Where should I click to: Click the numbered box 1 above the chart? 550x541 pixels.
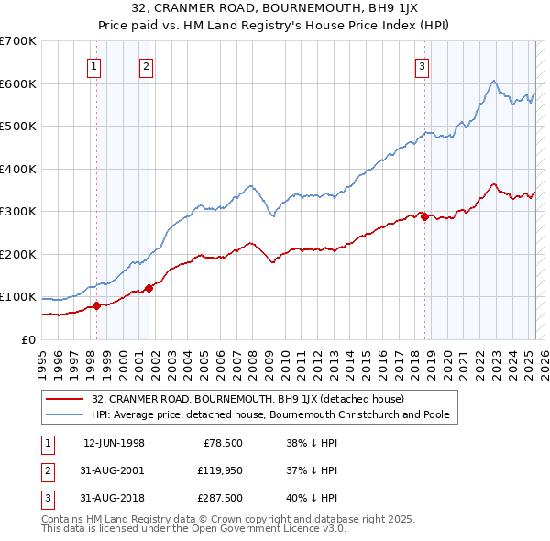[95, 65]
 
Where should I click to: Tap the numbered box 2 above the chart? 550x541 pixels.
[147, 65]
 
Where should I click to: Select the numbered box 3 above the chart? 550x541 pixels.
[423, 65]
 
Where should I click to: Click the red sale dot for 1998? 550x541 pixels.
[96, 306]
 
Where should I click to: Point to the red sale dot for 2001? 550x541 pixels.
[148, 288]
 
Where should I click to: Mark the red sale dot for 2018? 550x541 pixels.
[424, 216]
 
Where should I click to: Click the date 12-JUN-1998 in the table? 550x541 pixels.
[114, 444]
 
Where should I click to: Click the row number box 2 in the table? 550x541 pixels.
[46, 471]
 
